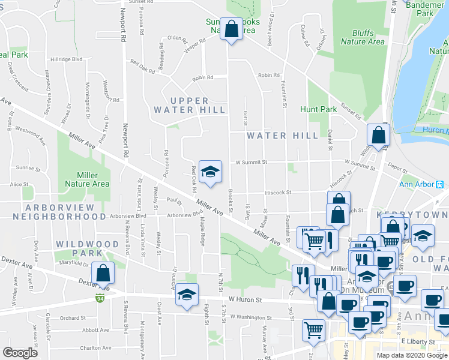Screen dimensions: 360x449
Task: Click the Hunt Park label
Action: [x=319, y=110]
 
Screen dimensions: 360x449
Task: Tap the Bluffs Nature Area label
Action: [x=363, y=38]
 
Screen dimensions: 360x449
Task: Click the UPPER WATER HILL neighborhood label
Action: [x=189, y=105]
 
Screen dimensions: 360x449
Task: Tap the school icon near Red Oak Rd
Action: [x=210, y=172]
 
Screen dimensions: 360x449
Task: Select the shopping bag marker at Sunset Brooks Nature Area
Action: [x=232, y=29]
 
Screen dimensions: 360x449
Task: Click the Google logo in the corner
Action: [x=20, y=353]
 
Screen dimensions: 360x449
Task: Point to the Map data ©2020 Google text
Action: [x=412, y=355]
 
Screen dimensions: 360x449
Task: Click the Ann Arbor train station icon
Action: [x=439, y=184]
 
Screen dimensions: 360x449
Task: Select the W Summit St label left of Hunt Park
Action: [x=250, y=162]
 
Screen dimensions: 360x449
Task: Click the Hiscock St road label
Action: [x=279, y=193]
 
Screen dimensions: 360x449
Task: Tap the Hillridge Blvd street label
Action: [x=66, y=59]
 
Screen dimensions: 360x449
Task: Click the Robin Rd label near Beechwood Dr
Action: [x=268, y=75]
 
